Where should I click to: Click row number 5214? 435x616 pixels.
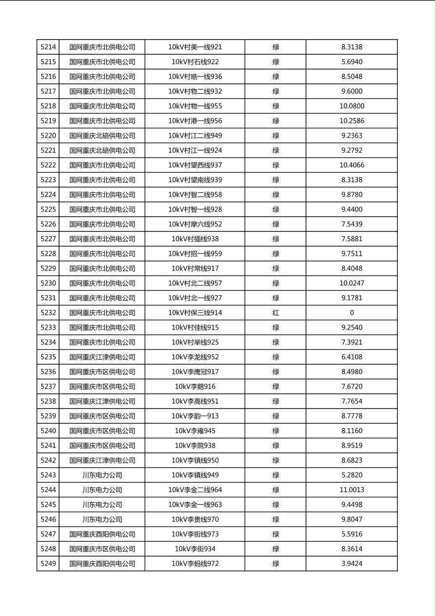[48, 47]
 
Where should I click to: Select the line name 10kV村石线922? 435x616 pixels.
[195, 62]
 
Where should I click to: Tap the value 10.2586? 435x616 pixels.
[352, 121]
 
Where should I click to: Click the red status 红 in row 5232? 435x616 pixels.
[276, 313]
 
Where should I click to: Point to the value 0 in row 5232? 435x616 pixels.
[352, 313]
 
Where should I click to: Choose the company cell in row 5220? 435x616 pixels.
[102, 136]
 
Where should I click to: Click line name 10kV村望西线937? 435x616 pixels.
[195, 165]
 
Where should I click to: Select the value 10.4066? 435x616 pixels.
[352, 165]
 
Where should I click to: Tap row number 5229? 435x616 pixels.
[48, 268]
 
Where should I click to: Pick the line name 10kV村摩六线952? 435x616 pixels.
[195, 224]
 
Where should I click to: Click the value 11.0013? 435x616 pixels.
[352, 490]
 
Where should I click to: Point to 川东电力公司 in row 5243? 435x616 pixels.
[102, 475]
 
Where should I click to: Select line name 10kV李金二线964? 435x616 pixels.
[195, 490]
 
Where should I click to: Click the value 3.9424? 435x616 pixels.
[352, 564]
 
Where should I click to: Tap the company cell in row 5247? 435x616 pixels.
[102, 534]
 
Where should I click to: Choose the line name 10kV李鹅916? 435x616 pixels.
[195, 387]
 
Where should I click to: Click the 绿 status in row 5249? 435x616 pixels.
[276, 564]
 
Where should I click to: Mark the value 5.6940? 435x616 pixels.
[352, 62]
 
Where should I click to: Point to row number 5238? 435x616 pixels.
[48, 401]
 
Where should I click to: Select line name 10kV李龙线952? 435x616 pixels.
[195, 357]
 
